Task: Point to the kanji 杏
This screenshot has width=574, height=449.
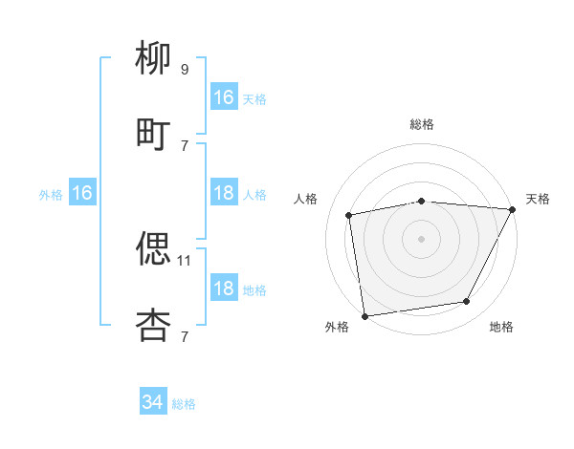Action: [153, 324]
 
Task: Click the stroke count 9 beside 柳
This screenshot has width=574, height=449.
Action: [185, 70]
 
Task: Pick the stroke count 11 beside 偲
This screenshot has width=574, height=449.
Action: [186, 260]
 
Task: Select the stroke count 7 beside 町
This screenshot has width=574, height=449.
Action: [185, 145]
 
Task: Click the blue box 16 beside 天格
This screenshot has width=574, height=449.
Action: [224, 97]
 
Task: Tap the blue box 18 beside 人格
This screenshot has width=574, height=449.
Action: [224, 193]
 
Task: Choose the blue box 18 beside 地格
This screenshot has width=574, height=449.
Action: [224, 289]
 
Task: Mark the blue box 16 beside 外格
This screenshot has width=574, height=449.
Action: [82, 193]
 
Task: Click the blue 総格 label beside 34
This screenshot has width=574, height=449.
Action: [184, 404]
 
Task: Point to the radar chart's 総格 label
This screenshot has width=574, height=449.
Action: [422, 124]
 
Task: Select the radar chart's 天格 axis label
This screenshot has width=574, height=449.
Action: [538, 199]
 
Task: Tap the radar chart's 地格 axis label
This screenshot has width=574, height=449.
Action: [501, 327]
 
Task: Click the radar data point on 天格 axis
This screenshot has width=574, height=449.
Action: [513, 209]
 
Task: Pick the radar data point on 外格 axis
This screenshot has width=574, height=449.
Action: [364, 315]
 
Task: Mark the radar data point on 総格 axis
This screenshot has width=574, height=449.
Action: [422, 201]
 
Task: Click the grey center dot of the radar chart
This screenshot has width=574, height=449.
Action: [422, 238]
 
